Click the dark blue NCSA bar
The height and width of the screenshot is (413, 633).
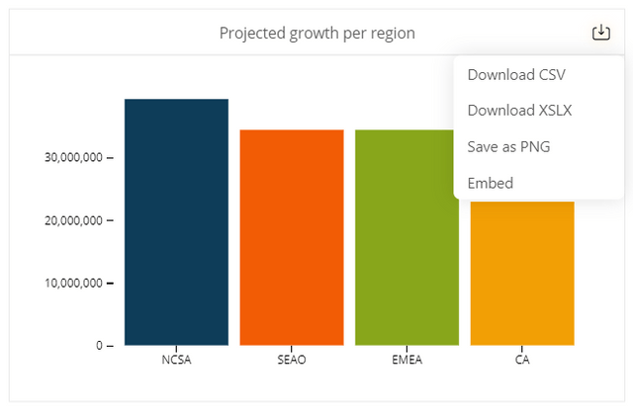click(176, 222)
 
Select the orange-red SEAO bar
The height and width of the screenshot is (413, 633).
click(292, 237)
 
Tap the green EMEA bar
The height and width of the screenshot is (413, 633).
click(406, 237)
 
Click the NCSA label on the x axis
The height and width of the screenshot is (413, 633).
click(176, 360)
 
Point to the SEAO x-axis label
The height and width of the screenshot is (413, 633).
click(292, 360)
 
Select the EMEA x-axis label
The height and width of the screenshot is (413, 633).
click(407, 360)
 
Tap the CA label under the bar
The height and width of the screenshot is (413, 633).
click(522, 360)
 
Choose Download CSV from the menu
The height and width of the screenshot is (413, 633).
click(516, 75)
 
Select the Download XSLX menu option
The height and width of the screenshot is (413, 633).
click(519, 111)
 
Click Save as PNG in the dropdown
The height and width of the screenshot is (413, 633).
click(508, 146)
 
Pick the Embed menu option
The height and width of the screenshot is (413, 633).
click(490, 183)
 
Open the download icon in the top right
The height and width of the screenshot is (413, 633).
click(600, 33)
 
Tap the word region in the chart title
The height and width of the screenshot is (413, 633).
click(389, 34)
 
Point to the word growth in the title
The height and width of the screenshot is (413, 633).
click(313, 34)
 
